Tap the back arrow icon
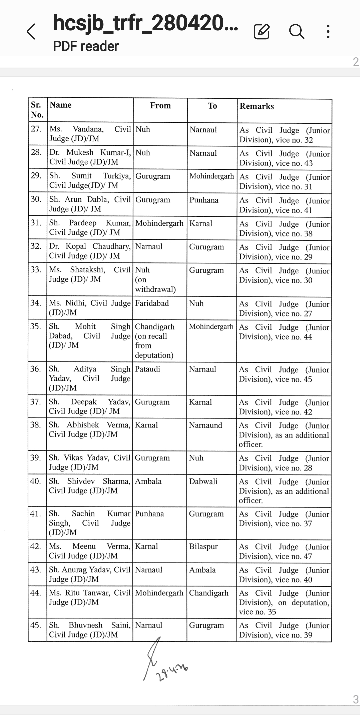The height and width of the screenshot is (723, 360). coord(31,32)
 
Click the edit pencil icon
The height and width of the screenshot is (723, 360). coord(262,32)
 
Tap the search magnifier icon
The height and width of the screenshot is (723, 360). coord(296,32)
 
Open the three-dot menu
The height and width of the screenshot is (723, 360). coord(328,32)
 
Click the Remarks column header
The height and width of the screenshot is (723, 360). coord(257,106)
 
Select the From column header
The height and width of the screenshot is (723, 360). coord(160,106)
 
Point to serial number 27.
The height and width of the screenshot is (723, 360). coord(36,129)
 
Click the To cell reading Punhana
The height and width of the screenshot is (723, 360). coord(204,200)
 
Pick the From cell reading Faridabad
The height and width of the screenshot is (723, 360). coord(152,303)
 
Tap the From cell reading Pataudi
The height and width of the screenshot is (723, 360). coord(147,369)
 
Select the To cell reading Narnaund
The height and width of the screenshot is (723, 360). coord(205,425)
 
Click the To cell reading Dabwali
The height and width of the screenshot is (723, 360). coord(203,481)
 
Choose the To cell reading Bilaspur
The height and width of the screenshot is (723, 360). coord(203,547)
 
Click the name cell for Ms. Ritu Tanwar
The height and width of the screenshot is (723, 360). coord(89,597)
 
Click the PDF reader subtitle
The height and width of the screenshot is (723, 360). coord(86,46)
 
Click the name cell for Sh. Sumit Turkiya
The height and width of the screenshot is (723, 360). coord(89,180)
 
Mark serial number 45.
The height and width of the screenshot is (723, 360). coord(36,625)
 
